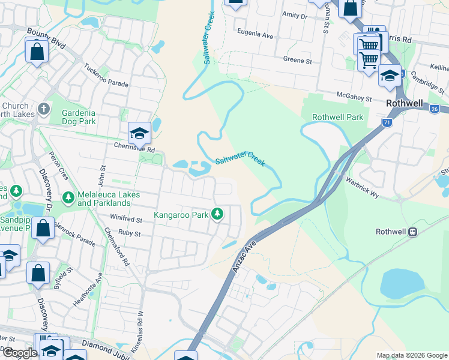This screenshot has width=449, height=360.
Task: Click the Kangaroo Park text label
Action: [181, 214]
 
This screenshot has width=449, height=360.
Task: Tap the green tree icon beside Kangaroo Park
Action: [217, 214]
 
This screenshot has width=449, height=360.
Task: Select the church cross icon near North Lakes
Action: [43, 109]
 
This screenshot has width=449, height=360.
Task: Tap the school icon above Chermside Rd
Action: [139, 133]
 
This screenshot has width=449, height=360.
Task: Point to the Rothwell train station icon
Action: [413, 232]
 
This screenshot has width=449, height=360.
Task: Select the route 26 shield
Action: [436, 108]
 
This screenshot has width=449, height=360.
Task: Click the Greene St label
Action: [298, 61]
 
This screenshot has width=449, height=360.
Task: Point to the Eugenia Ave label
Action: [255, 36]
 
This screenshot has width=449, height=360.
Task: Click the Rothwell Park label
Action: [337, 117]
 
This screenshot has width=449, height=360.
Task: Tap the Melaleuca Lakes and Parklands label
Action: [109, 199]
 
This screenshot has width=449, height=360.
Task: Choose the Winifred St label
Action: [125, 220]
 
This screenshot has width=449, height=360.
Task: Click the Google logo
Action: [20, 353]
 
